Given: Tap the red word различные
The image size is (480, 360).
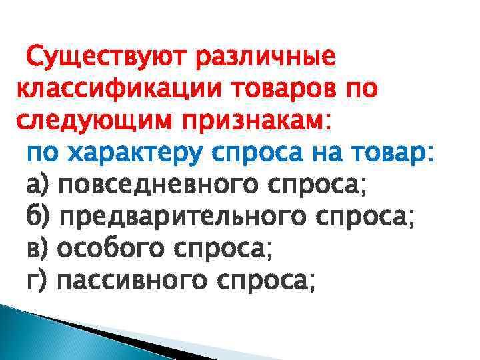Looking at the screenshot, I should click(x=265, y=58).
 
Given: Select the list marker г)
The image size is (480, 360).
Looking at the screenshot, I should click(x=36, y=281).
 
